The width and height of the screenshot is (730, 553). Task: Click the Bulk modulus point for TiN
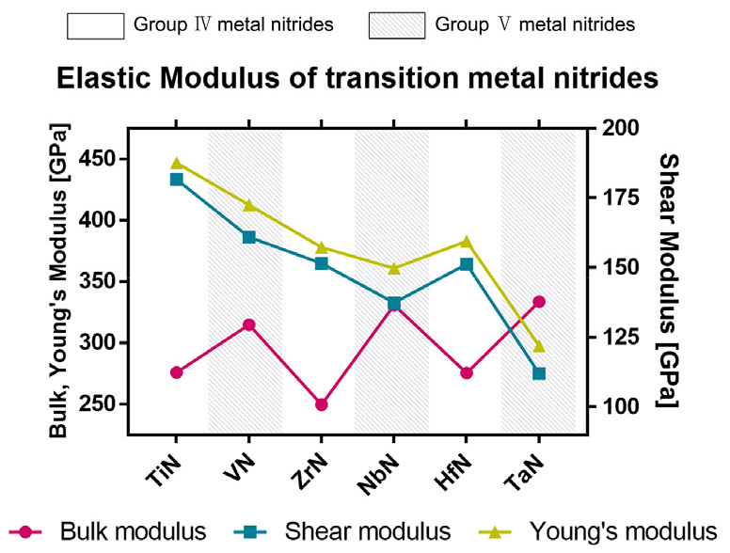(176, 372)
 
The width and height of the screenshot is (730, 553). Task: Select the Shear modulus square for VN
(249, 237)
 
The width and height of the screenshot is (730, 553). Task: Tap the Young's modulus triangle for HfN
(467, 242)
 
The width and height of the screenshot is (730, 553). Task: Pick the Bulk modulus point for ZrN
(322, 404)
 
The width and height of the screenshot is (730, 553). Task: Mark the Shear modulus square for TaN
(539, 373)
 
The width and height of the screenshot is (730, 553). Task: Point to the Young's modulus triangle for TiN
(176, 164)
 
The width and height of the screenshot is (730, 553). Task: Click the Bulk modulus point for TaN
(539, 302)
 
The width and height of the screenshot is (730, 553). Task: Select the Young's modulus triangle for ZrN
(322, 248)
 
